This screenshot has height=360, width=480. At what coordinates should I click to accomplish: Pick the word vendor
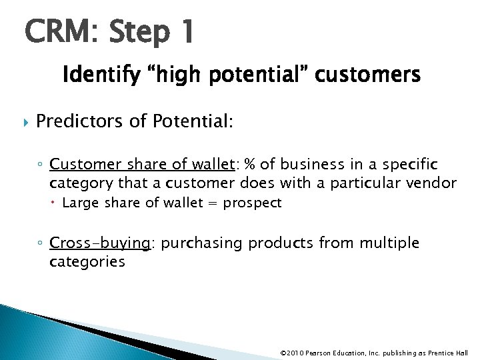[x=433, y=183]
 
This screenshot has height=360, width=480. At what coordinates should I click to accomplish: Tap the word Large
[x=79, y=203]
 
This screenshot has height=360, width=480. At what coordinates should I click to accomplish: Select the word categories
[x=87, y=261]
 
